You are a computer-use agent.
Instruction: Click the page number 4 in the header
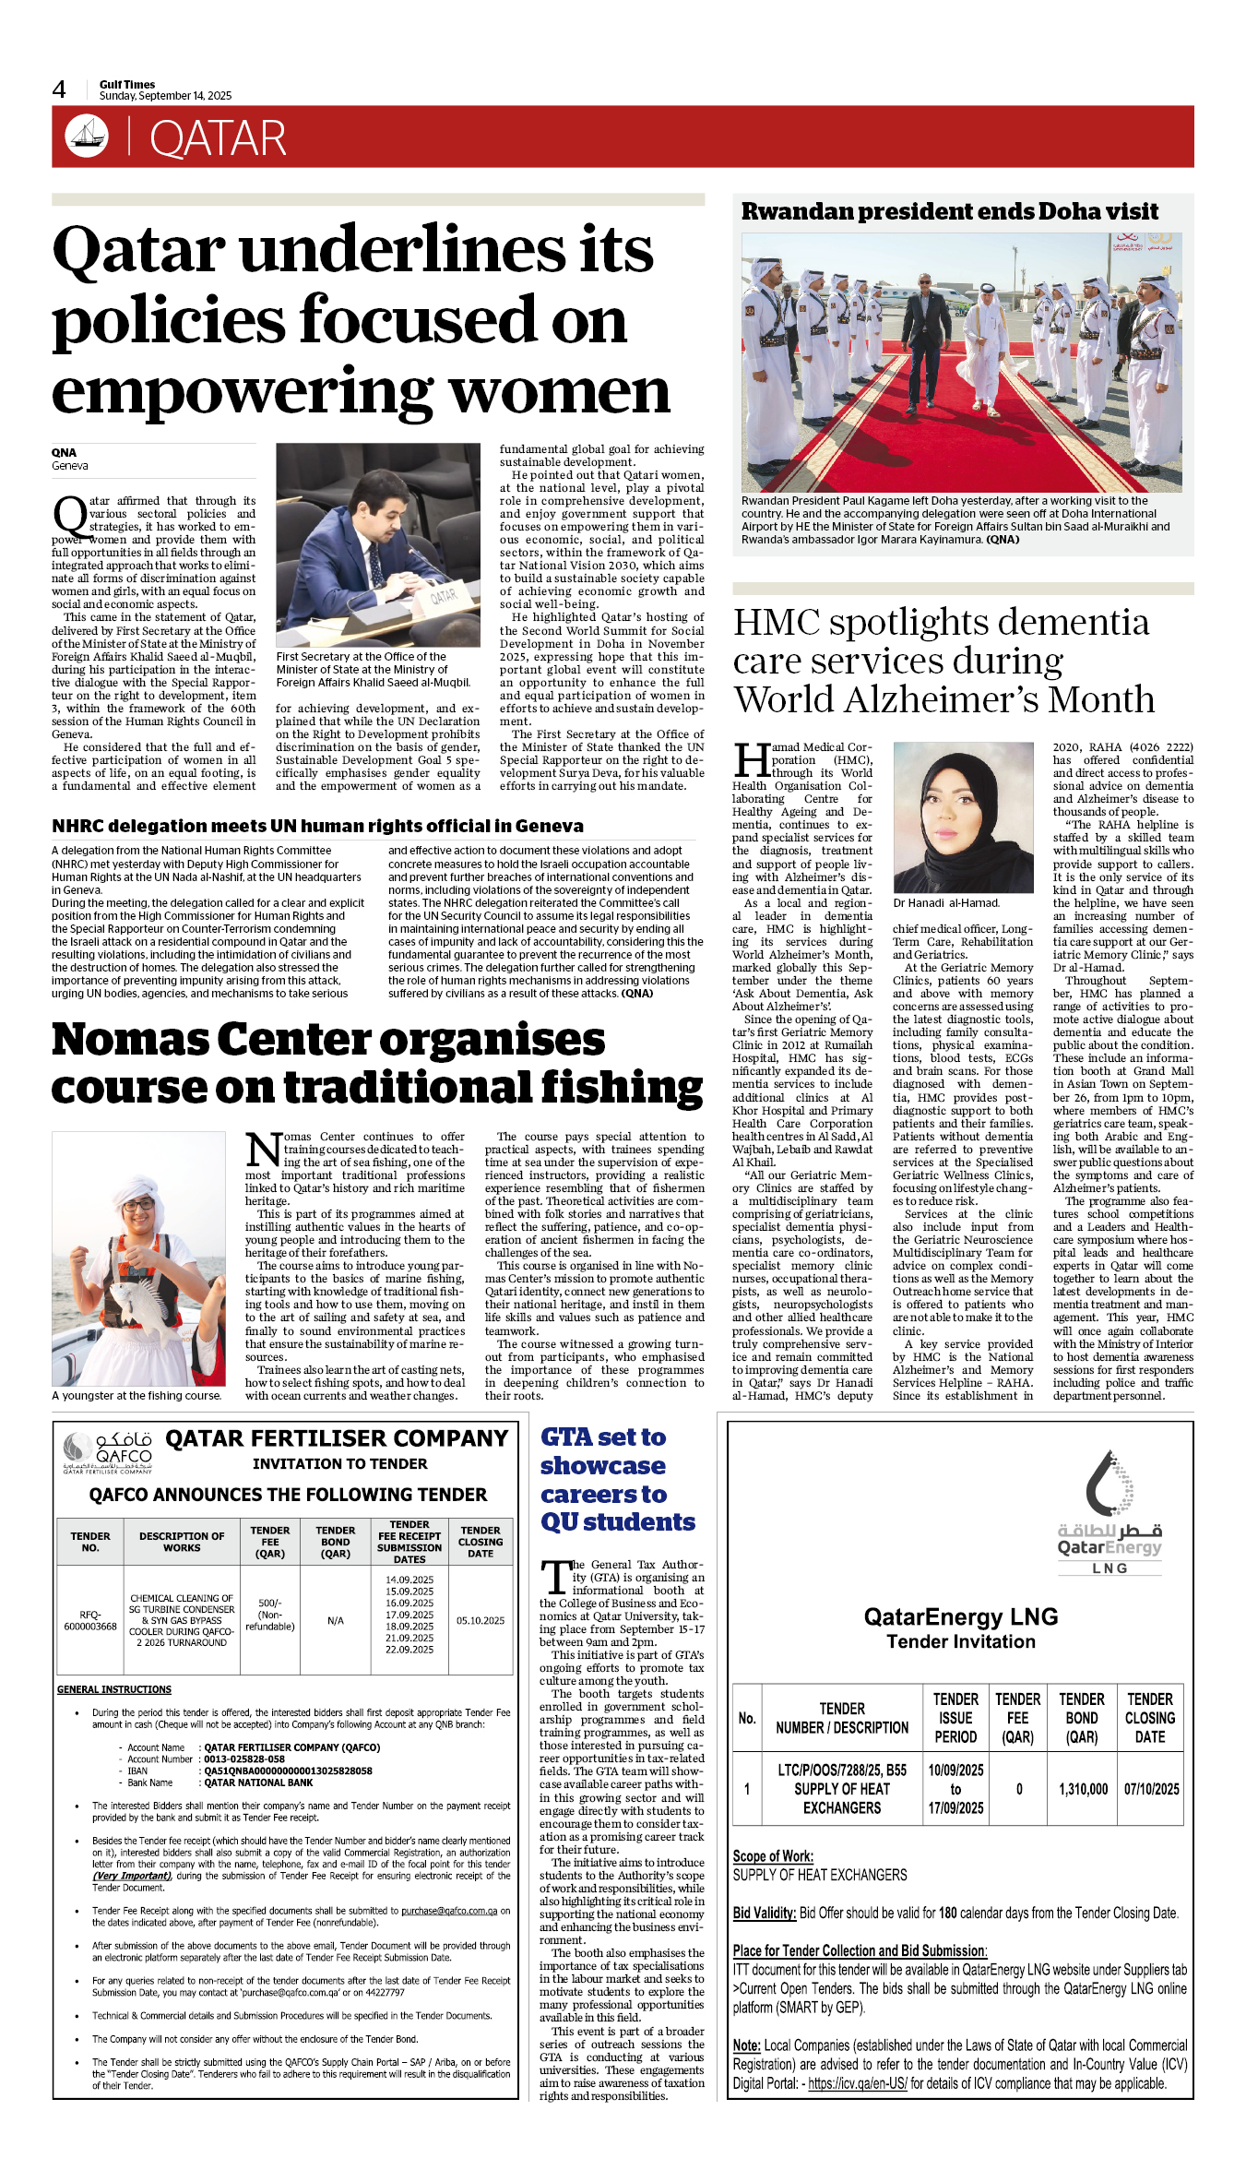[x=59, y=89]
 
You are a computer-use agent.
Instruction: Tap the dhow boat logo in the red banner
[x=87, y=137]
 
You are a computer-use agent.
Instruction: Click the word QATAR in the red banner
[x=218, y=138]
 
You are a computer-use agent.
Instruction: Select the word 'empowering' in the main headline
[x=242, y=391]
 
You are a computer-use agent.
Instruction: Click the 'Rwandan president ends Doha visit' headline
[x=949, y=211]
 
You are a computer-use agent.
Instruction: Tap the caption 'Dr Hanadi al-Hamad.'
[x=945, y=903]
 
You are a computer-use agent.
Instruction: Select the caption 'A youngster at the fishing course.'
[x=136, y=1396]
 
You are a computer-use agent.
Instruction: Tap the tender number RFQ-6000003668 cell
[x=90, y=1620]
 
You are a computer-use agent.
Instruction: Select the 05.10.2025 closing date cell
[x=481, y=1620]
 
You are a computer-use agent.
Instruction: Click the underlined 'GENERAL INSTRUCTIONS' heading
[x=114, y=1689]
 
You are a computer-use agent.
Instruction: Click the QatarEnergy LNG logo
[x=1110, y=1513]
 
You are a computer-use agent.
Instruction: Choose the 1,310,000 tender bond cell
[x=1083, y=1789]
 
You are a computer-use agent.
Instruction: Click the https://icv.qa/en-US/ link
[x=858, y=2083]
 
